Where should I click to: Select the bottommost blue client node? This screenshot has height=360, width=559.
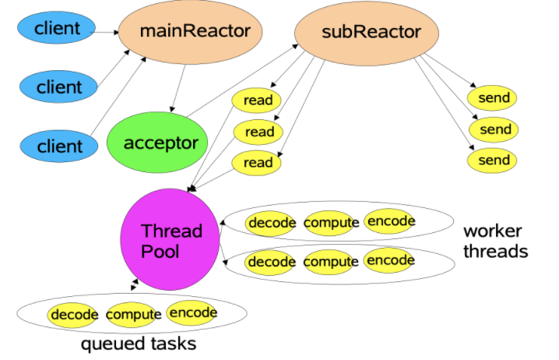pyautogui.click(x=58, y=146)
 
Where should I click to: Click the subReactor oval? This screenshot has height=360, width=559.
pyautogui.click(x=360, y=33)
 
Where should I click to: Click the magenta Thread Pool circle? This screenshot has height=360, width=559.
pyautogui.click(x=171, y=240)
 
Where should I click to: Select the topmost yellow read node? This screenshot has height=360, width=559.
pyautogui.click(x=258, y=100)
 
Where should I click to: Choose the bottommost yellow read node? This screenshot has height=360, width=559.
pyautogui.click(x=258, y=163)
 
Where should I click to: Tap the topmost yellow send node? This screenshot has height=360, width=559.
pyautogui.click(x=494, y=98)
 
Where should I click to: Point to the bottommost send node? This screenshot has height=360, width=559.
pyautogui.click(x=494, y=161)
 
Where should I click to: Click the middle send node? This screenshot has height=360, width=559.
pyautogui.click(x=494, y=129)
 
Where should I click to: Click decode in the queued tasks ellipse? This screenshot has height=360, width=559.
pyautogui.click(x=74, y=315)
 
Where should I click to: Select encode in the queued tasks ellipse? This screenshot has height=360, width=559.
pyautogui.click(x=192, y=312)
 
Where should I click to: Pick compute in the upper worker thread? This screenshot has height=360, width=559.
pyautogui.click(x=331, y=223)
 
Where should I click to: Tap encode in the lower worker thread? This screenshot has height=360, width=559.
pyautogui.click(x=390, y=259)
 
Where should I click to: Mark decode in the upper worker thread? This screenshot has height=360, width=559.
pyautogui.click(x=271, y=223)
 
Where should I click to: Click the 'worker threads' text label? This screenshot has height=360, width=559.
pyautogui.click(x=495, y=241)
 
